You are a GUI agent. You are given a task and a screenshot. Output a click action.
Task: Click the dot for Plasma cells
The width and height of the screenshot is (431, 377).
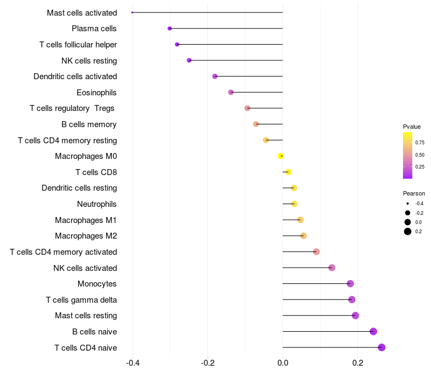point(170,29)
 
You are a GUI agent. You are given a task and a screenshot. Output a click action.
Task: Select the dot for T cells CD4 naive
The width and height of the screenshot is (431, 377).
point(381,347)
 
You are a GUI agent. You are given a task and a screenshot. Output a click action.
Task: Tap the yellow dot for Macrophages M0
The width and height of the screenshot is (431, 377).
point(281,156)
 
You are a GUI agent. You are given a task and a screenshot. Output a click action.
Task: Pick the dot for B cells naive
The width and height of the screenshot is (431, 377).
point(373,332)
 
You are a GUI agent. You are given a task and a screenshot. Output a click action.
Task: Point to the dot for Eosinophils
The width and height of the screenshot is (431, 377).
point(231,92)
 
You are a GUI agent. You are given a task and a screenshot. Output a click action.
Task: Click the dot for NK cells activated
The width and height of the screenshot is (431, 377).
point(332,268)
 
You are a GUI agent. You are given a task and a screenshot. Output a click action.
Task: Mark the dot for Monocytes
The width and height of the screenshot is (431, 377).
point(350,284)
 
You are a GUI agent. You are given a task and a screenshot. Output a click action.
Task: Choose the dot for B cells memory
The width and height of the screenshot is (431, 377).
point(256,124)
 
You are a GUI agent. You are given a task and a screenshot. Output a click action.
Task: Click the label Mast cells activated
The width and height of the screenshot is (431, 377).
point(82,12)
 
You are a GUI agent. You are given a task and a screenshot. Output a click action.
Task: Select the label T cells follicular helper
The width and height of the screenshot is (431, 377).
point(78,44)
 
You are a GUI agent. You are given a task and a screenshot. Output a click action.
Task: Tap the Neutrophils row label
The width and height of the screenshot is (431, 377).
point(97,204)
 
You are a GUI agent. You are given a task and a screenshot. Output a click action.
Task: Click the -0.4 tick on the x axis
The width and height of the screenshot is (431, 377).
point(133,363)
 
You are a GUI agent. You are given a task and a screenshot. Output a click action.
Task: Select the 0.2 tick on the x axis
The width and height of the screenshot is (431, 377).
point(357,363)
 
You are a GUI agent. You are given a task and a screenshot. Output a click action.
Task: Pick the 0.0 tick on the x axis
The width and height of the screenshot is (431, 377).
point(283,363)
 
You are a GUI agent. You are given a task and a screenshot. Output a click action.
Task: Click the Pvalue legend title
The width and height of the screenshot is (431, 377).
point(412,127)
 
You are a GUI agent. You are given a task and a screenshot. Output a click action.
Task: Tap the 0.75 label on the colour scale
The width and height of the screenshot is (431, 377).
point(420,143)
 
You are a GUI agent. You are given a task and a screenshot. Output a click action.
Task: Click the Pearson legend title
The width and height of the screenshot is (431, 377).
point(414,193)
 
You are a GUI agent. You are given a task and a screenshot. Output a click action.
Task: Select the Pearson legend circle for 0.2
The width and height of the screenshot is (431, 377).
point(408,232)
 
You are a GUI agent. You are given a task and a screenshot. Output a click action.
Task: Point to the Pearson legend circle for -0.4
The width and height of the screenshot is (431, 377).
point(408,204)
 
